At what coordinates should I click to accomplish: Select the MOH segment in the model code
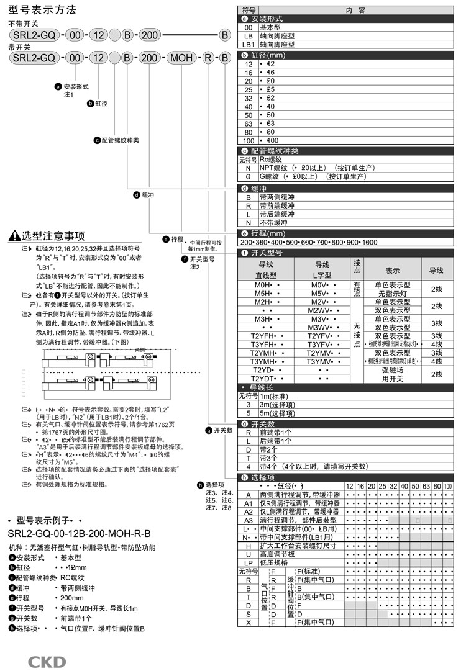pos(181,58)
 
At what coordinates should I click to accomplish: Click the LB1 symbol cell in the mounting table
pos(248,45)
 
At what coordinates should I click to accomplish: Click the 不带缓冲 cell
pos(274,222)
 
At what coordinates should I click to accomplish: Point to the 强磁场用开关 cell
pos(392,374)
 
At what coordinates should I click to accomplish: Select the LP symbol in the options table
pos(248,562)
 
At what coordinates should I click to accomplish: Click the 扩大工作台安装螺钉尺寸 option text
pos(298,546)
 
